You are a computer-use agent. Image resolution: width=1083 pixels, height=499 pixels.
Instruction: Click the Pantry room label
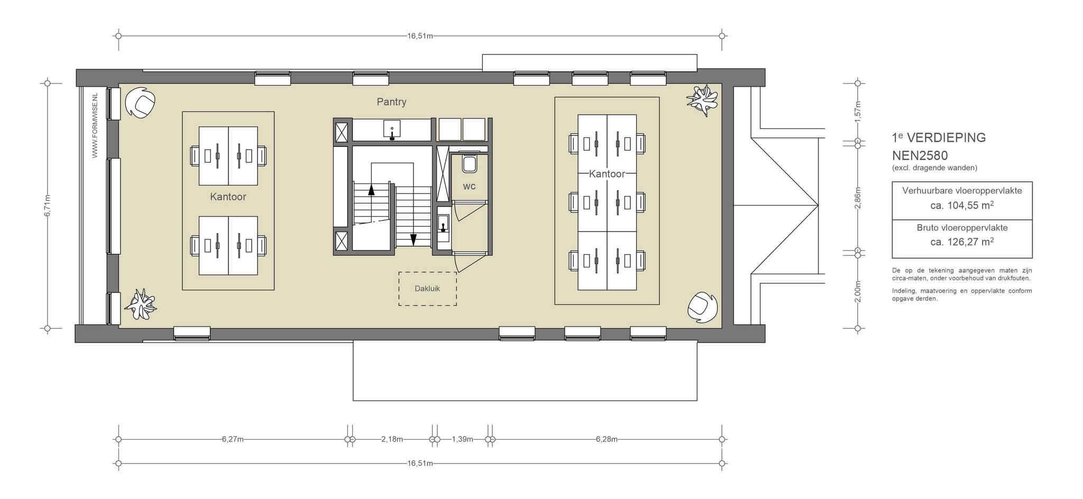pyautogui.click(x=391, y=101)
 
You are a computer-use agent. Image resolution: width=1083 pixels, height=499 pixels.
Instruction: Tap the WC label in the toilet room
pyautogui.click(x=469, y=186)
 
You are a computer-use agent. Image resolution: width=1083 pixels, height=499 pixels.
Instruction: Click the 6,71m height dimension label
pyautogui.click(x=48, y=206)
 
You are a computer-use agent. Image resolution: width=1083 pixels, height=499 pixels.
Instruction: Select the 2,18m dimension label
pyautogui.click(x=392, y=439)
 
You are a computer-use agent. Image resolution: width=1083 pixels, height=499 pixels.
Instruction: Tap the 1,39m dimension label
pyautogui.click(x=462, y=439)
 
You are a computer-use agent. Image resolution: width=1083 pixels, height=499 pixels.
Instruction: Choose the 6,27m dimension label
pyautogui.click(x=233, y=439)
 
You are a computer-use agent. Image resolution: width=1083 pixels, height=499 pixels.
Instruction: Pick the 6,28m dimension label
pyautogui.click(x=607, y=439)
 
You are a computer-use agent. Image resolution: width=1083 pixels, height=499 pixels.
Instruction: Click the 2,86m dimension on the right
pyautogui.click(x=858, y=198)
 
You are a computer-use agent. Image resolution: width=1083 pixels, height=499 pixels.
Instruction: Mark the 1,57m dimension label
pyautogui.click(x=858, y=112)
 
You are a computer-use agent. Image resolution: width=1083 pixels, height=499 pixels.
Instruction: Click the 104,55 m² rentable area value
pyautogui.click(x=962, y=205)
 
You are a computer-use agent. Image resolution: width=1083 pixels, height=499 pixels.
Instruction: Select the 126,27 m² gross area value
pyautogui.click(x=962, y=242)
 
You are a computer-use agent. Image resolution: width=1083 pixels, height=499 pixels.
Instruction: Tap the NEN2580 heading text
pyautogui.click(x=920, y=156)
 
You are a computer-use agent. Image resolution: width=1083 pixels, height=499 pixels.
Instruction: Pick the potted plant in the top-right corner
pyautogui.click(x=703, y=100)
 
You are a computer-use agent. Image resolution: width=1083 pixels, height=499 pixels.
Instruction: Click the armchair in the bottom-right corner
pyautogui.click(x=703, y=307)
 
